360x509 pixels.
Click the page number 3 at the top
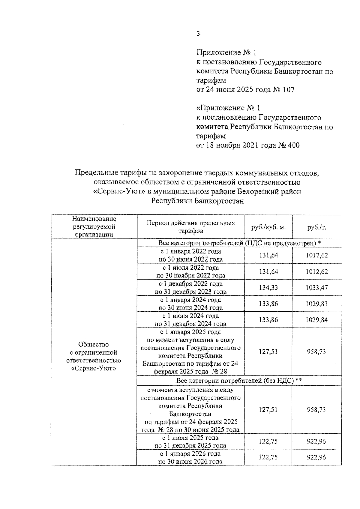coord(198,34)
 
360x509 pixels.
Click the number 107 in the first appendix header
coord(289,89)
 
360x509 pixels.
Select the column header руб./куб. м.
coord(268,227)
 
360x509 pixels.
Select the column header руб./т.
coord(317,227)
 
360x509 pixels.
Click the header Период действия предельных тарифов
coord(191,227)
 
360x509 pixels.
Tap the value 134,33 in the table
coord(268,288)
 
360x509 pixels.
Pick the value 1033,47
coord(317,288)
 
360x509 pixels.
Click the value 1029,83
coord(317,304)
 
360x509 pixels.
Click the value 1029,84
coord(317,320)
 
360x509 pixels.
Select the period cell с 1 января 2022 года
coord(191,255)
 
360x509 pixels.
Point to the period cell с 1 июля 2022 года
coord(191,271)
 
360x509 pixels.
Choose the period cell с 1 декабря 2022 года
coord(191,288)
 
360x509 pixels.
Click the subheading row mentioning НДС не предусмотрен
coord(239,243)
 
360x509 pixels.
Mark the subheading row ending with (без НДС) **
coord(239,381)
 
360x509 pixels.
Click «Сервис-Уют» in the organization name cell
coord(94,368)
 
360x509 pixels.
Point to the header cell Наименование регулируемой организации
coord(94,227)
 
